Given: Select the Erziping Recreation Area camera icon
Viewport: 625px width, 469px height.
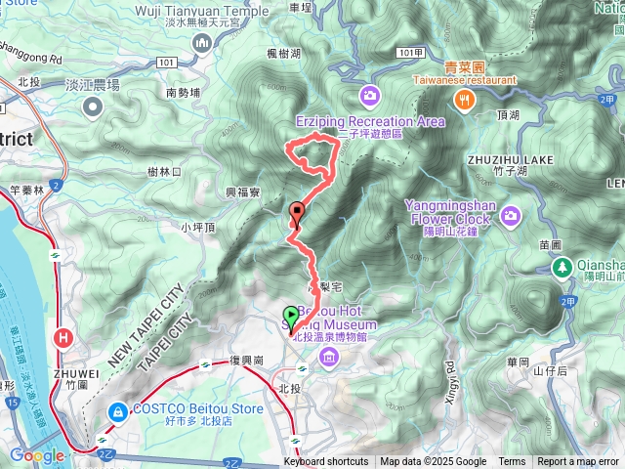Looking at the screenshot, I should pos(370,95).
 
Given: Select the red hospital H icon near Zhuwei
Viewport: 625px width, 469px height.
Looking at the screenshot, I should pos(64,338).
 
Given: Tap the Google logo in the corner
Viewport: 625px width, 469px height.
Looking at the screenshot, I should pos(37,455).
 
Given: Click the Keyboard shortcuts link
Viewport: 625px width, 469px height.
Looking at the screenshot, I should pos(326,462).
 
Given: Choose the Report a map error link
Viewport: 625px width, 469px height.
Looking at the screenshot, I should pos(578,462).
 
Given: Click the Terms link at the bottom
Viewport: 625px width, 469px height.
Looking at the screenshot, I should pos(512,462).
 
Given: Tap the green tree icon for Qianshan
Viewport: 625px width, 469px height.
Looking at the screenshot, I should pos(562,266).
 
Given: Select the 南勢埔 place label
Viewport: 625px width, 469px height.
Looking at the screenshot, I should pos(183,93).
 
